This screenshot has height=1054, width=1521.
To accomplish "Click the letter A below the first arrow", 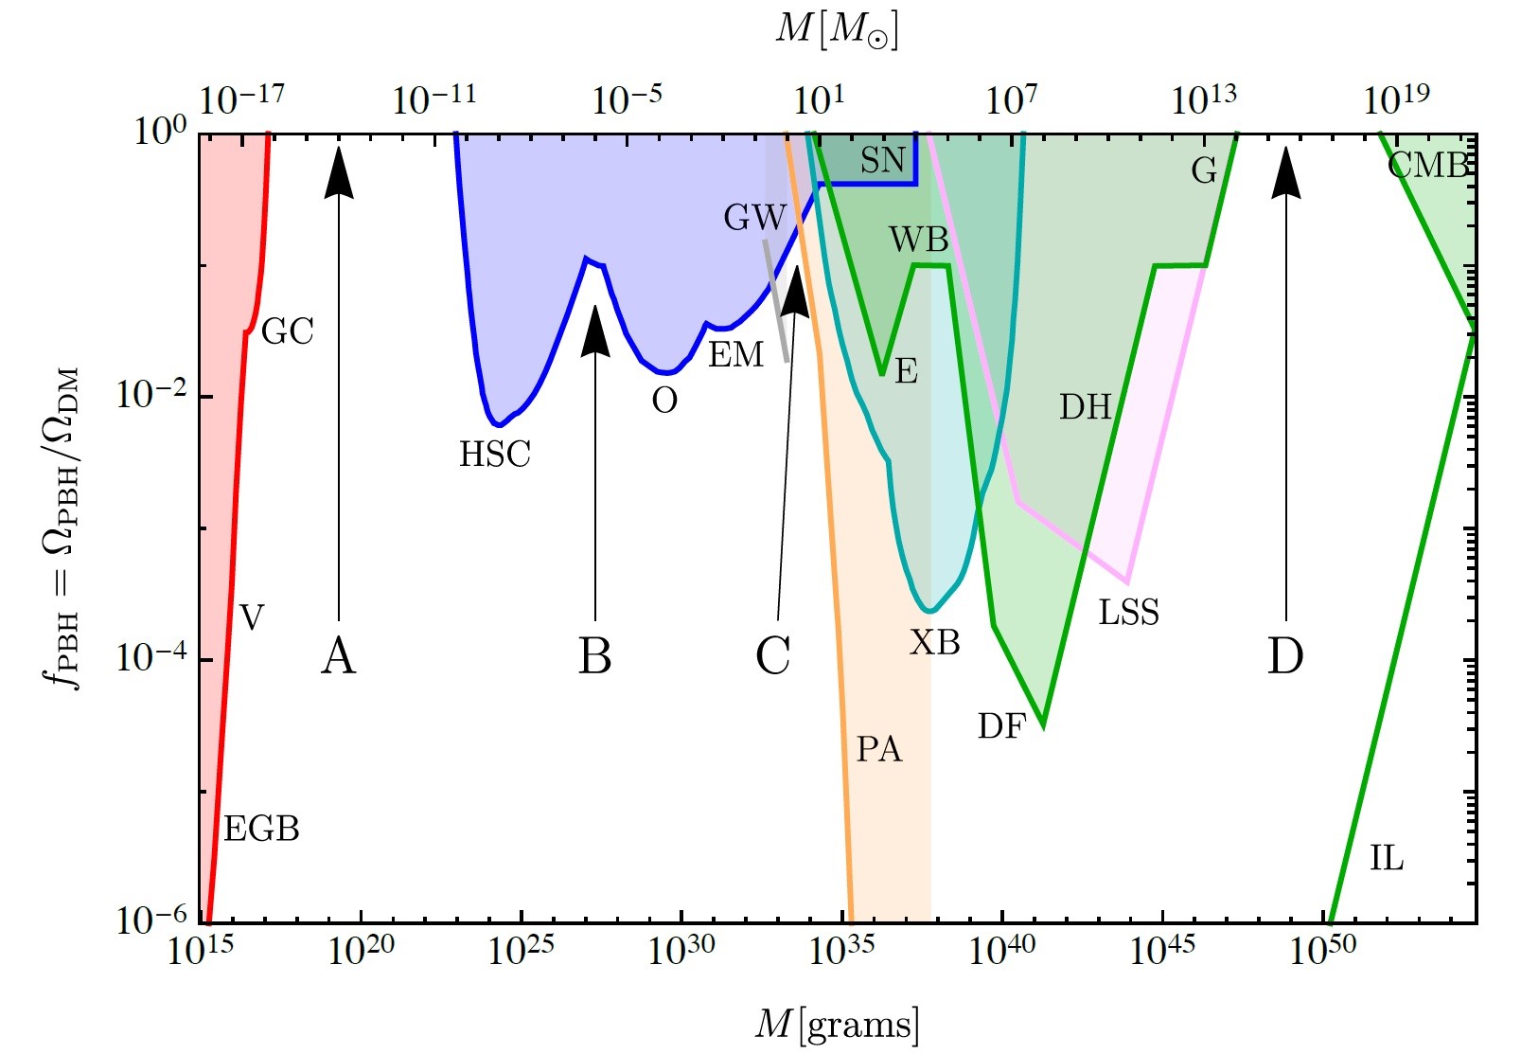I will pos(339,656).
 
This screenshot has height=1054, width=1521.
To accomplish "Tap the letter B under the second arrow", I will pos(594,656).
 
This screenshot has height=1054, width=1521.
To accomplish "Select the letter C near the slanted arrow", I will pos(773,656).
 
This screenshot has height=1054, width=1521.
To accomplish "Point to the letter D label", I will pos(1285,656).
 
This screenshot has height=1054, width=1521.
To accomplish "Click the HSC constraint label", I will pos(495,456).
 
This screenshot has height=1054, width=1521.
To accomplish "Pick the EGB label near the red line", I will pos(261,830).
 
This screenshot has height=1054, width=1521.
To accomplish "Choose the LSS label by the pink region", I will pos(1128,614).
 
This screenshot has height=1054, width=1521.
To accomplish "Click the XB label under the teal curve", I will pos(935,644).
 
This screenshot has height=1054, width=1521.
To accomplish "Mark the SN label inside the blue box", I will pos(882,161).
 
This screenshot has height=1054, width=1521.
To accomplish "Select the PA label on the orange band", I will pos(879,750).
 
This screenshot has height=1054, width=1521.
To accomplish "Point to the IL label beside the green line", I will pos(1387,859).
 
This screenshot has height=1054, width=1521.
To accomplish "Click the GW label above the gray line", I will pos(754,218).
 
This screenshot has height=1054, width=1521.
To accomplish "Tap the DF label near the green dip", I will pos(1001,727).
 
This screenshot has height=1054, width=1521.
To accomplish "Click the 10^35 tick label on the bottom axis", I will pos(840,950).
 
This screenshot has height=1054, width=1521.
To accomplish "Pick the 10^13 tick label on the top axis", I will pos(1203,98).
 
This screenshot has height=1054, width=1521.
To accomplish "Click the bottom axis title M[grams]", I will pos(837,1025).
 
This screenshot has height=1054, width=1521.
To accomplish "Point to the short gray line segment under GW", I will pos(776,301).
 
